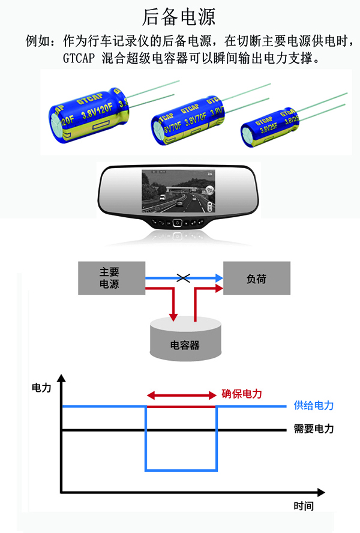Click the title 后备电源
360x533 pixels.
(x=179, y=16)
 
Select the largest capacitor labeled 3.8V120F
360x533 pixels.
(x=90, y=114)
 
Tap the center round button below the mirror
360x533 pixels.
(x=177, y=223)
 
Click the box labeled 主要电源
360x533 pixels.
(x=111, y=278)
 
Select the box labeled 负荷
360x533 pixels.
(x=257, y=279)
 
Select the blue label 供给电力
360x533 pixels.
(x=313, y=406)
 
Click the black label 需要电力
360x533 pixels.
(x=313, y=429)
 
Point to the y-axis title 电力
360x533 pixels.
(x=41, y=388)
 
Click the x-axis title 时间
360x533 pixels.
(x=303, y=506)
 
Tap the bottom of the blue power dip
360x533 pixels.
(x=181, y=470)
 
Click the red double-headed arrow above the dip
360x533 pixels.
(x=181, y=396)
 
